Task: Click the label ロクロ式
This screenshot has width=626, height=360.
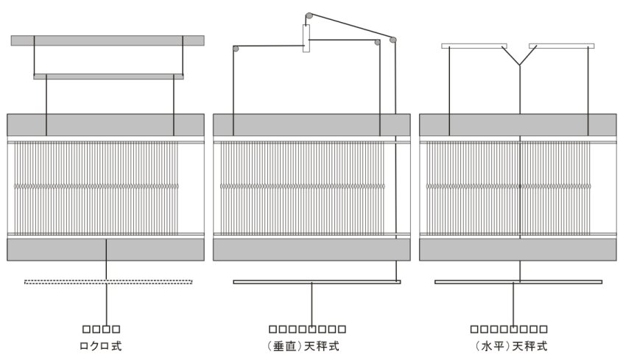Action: coord(101,345)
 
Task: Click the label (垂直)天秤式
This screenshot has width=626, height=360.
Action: coord(307,345)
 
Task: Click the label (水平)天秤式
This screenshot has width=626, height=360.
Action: coord(509,345)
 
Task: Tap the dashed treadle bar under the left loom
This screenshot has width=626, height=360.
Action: coord(109,281)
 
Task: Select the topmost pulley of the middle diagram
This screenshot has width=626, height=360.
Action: coord(309,15)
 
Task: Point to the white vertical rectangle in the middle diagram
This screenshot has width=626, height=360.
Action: coord(306,38)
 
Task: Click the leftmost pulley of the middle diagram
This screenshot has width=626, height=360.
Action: coord(236,49)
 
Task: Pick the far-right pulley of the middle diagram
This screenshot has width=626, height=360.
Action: coord(393,39)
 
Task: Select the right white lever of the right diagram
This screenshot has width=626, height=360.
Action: coord(561,46)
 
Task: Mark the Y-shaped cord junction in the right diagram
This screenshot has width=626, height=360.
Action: coord(519,65)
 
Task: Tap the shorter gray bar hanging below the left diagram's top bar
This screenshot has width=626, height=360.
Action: coord(109,76)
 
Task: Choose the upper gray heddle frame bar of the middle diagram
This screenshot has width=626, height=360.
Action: coord(312,124)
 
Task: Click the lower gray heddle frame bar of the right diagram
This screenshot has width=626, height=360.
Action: coord(518,249)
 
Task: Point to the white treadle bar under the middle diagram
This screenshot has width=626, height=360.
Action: coord(317,281)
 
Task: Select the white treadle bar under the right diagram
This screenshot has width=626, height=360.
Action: coord(518,281)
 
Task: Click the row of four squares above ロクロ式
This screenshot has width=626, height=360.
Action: coord(101,329)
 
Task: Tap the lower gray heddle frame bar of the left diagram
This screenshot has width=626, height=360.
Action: coord(105,249)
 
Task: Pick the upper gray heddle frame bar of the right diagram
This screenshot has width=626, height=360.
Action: coord(518,124)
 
